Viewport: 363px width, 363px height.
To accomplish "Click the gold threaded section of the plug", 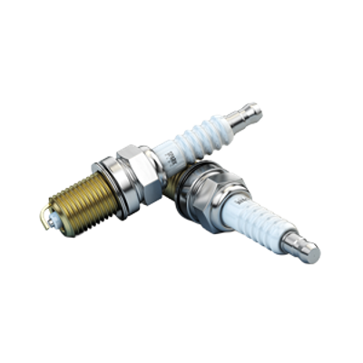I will (77, 201).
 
